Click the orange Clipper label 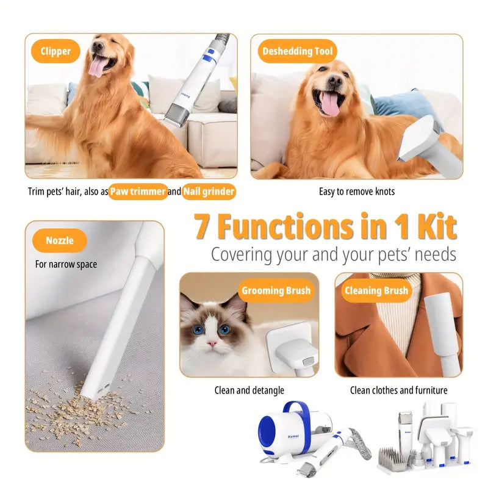pos(56,51)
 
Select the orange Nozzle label pos(59,240)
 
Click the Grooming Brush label pos(276,290)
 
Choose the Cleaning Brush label pos(376,290)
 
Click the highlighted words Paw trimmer pos(138,192)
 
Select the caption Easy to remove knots pos(356,192)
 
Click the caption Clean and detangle pos(249,390)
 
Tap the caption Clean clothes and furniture pos(398,390)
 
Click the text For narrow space pos(66,265)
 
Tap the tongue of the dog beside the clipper pos(96,68)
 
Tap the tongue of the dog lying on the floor pos(330,104)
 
